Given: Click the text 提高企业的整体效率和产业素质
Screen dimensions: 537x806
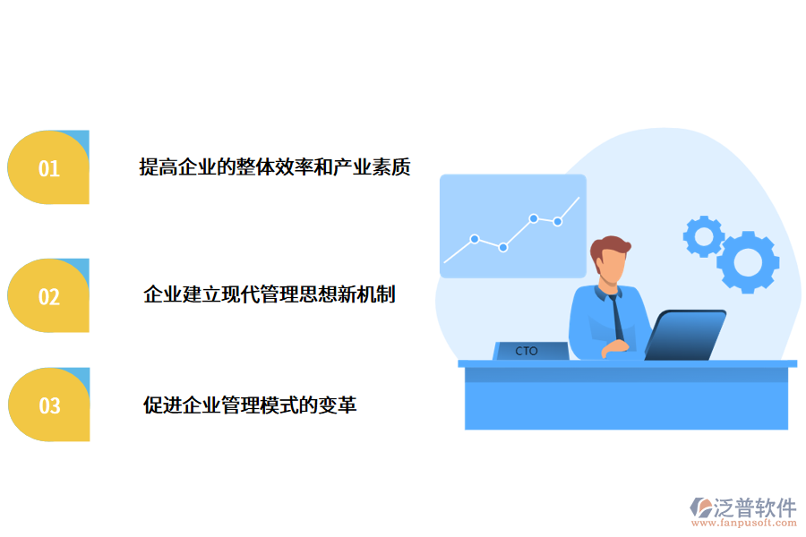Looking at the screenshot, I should coord(275,167).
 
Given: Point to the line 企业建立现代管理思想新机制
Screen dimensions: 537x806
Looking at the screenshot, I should coord(270,294).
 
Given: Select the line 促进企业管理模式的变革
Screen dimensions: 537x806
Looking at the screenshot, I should coord(250,405).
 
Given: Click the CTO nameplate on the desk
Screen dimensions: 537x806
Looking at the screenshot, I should coord(527,351).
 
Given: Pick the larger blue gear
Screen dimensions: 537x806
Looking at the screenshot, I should coord(748,261).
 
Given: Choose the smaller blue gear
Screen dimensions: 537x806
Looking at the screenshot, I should coord(703,236).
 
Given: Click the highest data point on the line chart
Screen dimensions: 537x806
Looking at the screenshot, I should coord(534,217).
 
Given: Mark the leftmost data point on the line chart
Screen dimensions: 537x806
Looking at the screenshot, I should coord(475,239).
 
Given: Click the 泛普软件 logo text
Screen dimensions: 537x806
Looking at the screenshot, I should coord(754,508).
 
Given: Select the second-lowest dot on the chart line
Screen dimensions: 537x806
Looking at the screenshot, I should coord(475,239).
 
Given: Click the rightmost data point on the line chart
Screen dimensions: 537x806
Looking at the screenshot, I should coord(557,221).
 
